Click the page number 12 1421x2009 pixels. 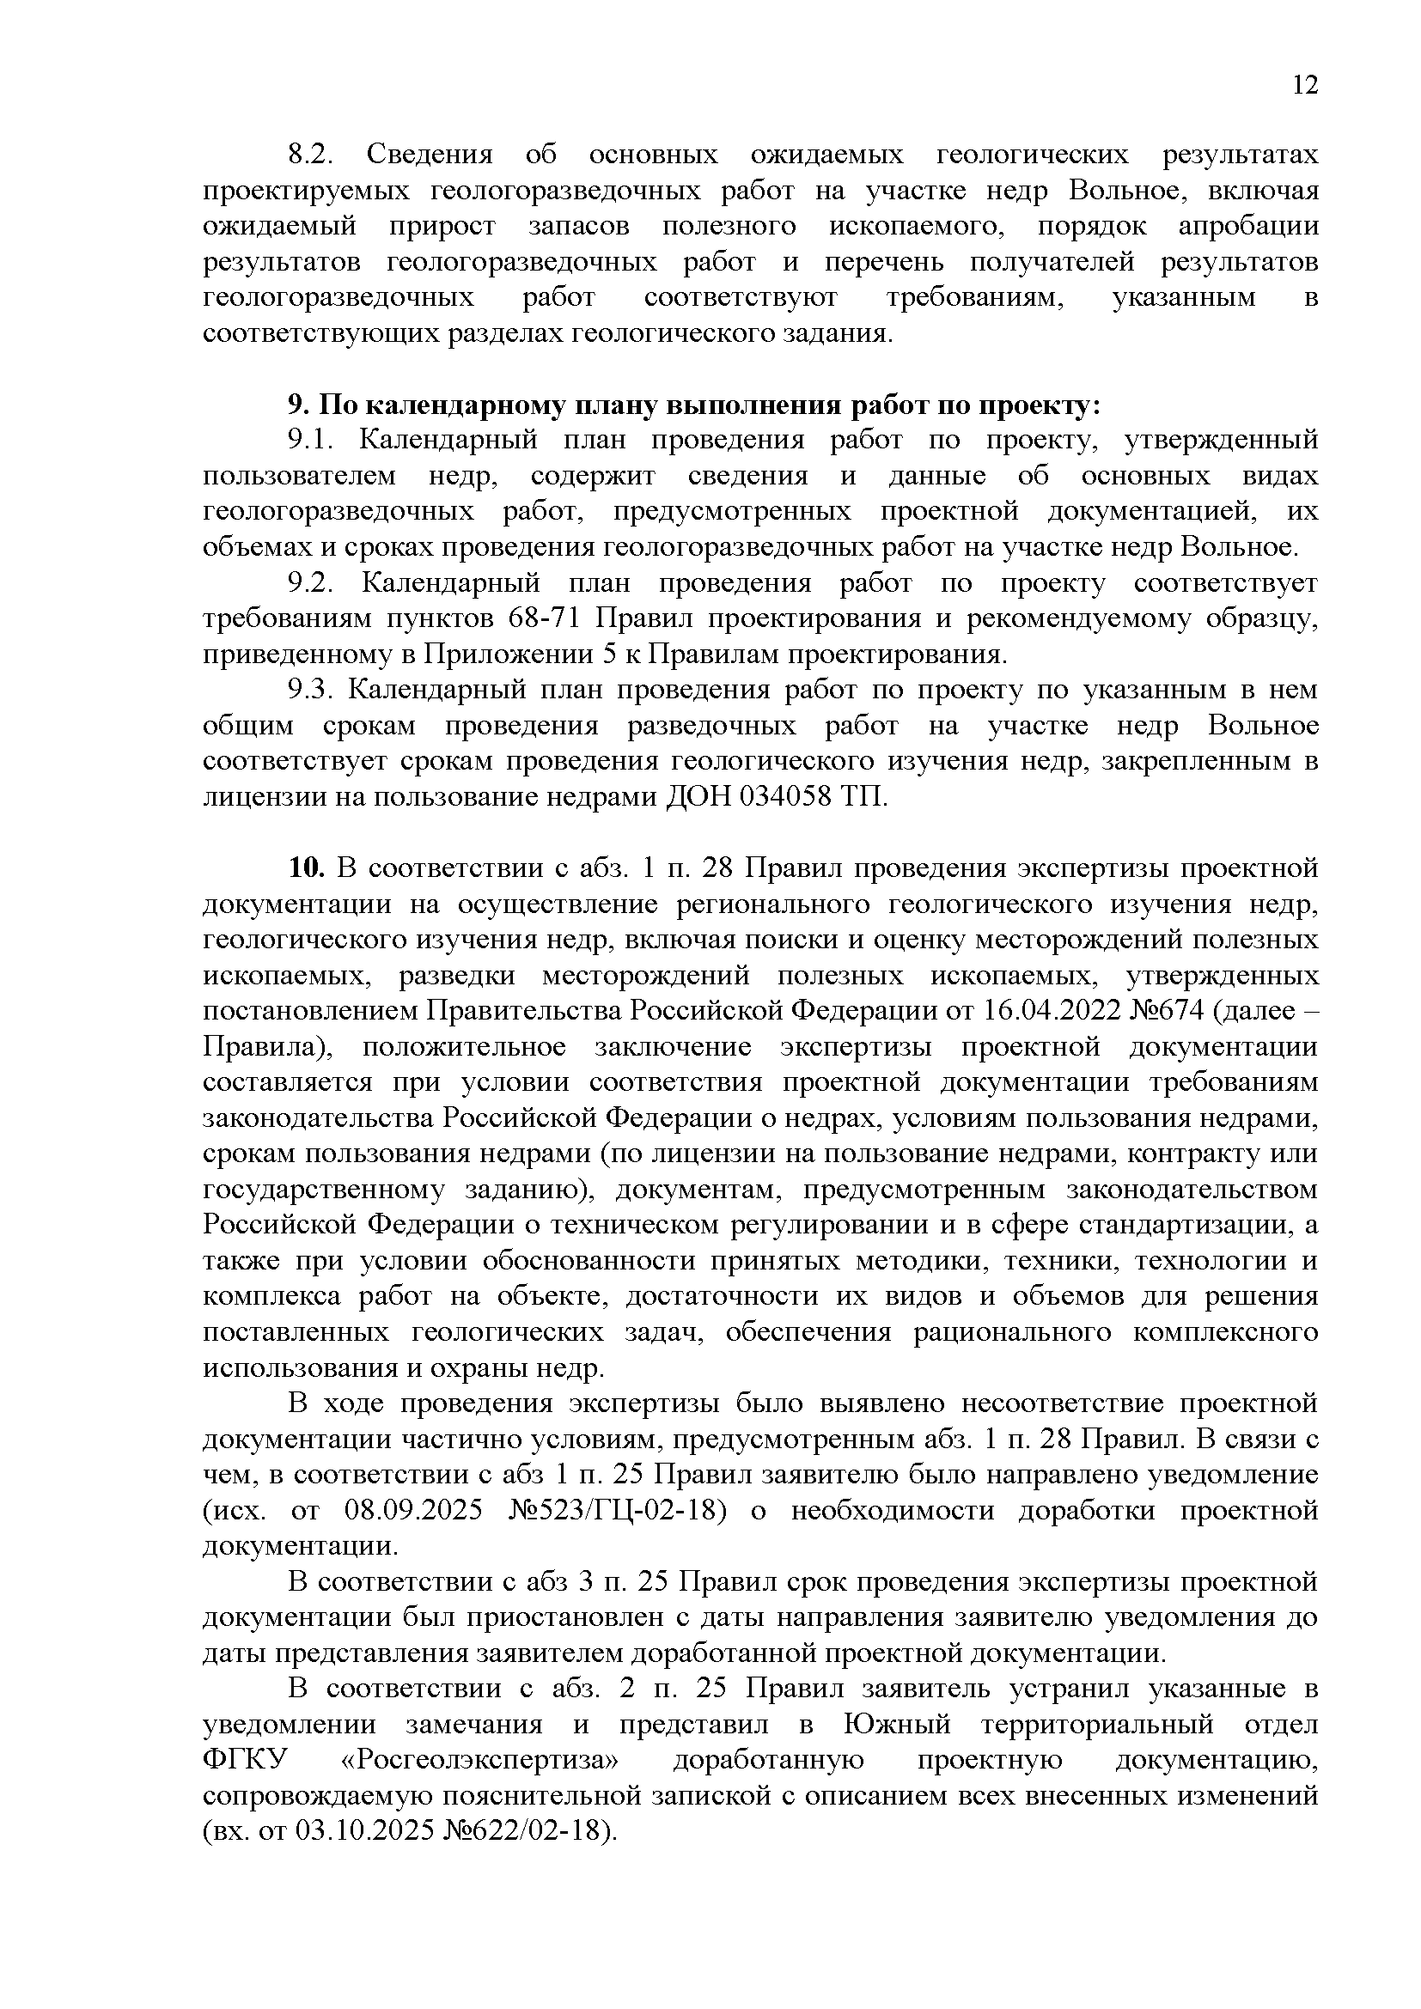[1305, 86]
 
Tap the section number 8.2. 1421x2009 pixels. [312, 155]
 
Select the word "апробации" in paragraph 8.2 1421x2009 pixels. [1247, 226]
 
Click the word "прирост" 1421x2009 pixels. [442, 226]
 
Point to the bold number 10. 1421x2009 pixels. [306, 868]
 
